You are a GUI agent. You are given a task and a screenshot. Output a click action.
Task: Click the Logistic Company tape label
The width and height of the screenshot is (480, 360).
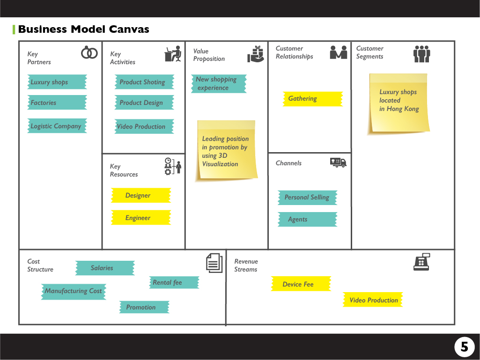57,126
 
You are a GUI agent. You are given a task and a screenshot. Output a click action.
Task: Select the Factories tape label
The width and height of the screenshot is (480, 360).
57,103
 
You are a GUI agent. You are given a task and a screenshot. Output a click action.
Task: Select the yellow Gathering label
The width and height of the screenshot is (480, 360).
312,99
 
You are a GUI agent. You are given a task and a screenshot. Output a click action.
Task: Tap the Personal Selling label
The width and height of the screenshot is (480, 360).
307,198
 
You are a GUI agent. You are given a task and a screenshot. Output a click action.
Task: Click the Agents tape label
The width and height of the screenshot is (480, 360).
307,219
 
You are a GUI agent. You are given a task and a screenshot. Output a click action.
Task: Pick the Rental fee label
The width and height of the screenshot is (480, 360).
174,282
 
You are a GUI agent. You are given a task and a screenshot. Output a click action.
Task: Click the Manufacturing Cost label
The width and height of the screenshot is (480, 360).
73,291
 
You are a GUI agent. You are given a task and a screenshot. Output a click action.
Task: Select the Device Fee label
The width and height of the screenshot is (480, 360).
301,284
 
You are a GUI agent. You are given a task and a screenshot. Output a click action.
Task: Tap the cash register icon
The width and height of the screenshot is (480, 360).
421,262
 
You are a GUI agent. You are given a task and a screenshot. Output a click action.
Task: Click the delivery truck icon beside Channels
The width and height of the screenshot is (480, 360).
338,162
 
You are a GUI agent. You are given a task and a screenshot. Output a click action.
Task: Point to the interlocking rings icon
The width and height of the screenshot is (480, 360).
89,53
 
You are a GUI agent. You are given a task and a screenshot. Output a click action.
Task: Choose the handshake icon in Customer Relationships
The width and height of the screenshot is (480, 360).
339,52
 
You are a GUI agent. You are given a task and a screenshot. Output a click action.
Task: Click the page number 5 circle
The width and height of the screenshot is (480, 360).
464,347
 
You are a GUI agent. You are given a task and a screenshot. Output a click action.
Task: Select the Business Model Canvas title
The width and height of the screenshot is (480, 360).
83,29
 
